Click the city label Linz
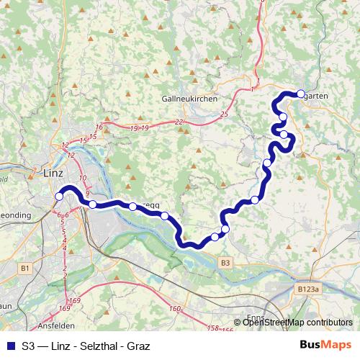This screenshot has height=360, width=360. click(53, 174)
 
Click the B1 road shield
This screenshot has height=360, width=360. click(26, 268)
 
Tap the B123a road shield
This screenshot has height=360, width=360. click(308, 289)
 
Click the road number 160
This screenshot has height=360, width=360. click(174, 309)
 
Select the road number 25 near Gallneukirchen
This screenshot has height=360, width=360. click(224, 114)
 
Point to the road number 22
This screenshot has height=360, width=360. click(179, 122)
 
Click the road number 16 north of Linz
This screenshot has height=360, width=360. click(99, 127)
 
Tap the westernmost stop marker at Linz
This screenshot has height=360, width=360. click(59, 196)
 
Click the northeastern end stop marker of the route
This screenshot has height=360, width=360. click(301, 93)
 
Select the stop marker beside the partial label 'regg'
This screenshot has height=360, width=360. click(132, 207)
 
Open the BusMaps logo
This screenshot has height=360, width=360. click(325, 345)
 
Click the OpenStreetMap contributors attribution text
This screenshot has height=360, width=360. click(297, 323)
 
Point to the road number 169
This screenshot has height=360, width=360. click(75, 300)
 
